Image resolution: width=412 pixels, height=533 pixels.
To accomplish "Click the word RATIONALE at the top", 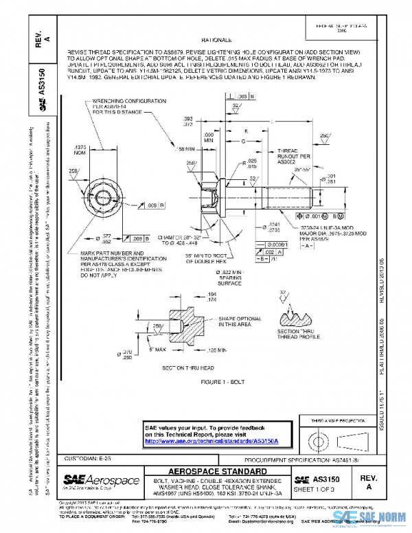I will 218,41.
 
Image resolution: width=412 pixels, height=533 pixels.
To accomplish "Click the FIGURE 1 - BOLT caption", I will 224,381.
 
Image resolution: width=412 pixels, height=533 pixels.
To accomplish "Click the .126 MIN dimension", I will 216,350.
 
